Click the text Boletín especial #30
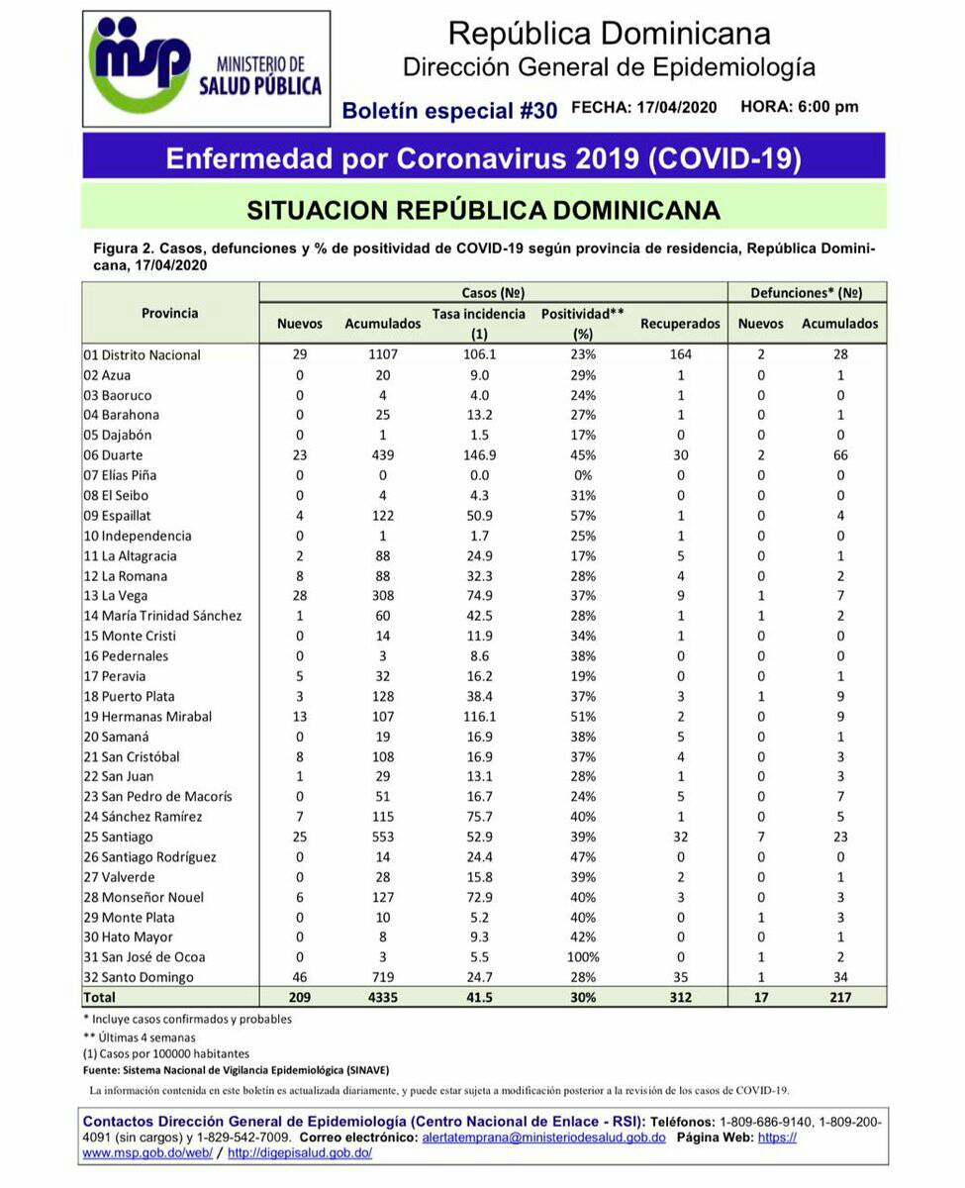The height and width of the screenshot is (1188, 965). [x=449, y=111]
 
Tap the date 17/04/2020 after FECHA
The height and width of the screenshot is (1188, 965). [x=675, y=108]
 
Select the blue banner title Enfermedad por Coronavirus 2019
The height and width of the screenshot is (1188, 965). [x=483, y=158]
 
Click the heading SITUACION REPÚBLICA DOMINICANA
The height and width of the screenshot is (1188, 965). [x=483, y=211]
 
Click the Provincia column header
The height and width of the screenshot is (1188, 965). [x=169, y=313]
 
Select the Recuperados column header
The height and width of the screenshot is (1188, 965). [x=680, y=324]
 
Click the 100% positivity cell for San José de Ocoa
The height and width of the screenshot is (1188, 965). [x=582, y=957]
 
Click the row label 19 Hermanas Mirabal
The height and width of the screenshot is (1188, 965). [x=148, y=716]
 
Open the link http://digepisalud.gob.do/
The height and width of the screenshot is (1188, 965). [x=300, y=1153]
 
